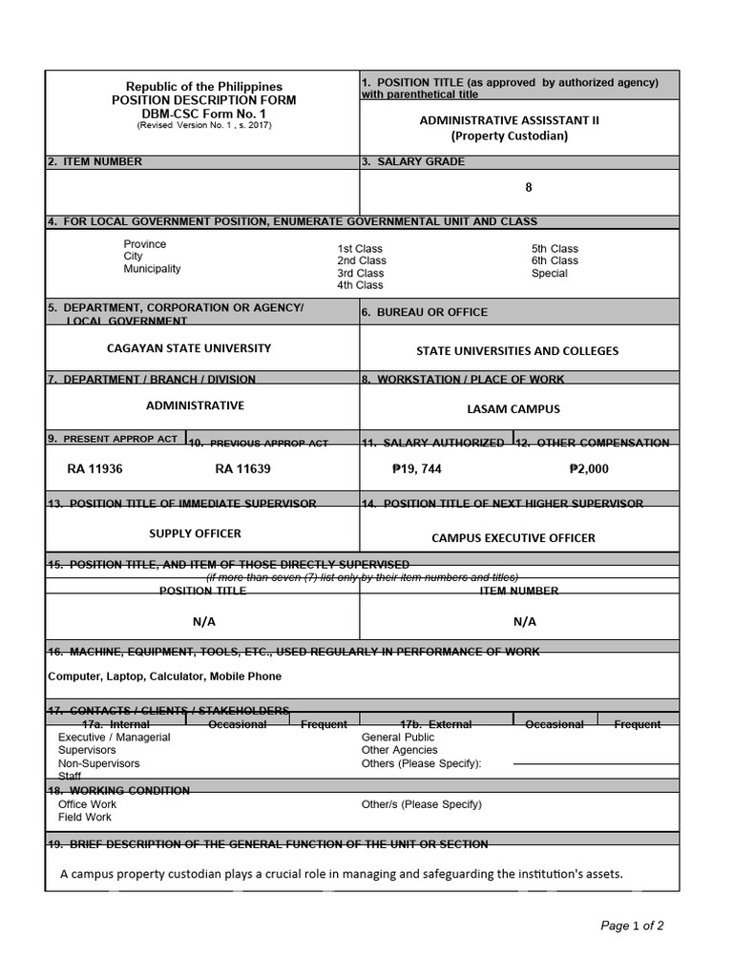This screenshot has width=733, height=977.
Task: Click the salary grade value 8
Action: (528, 188)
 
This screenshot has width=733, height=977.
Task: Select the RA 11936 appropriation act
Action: (94, 468)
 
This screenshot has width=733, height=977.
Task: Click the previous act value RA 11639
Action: (242, 468)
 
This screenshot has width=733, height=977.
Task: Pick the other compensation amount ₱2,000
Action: (588, 468)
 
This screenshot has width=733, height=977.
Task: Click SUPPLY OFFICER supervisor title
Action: (195, 533)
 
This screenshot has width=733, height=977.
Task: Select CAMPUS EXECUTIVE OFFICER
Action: (513, 538)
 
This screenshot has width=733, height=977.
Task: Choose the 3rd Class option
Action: (361, 273)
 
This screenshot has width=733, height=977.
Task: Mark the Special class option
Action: (549, 273)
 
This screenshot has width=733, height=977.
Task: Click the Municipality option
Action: (152, 269)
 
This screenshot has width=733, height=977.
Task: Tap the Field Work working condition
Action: (85, 818)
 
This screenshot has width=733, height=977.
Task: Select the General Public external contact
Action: (397, 738)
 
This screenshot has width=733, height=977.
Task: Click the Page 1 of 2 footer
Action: (632, 925)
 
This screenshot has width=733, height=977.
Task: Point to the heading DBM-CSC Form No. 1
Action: (204, 114)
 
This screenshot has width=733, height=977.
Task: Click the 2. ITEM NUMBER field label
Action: (94, 162)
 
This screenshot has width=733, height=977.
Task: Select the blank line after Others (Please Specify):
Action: (595, 764)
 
